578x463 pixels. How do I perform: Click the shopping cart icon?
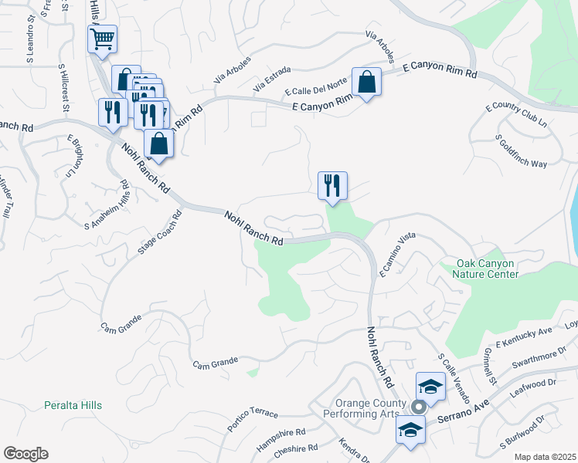(102, 39)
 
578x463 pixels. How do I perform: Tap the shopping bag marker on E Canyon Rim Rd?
(366, 81)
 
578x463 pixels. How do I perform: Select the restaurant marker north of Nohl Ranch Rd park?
(333, 185)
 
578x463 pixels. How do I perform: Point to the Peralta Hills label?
(73, 405)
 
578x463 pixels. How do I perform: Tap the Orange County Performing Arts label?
(370, 408)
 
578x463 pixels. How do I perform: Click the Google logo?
(25, 454)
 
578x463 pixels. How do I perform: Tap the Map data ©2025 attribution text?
(545, 457)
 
